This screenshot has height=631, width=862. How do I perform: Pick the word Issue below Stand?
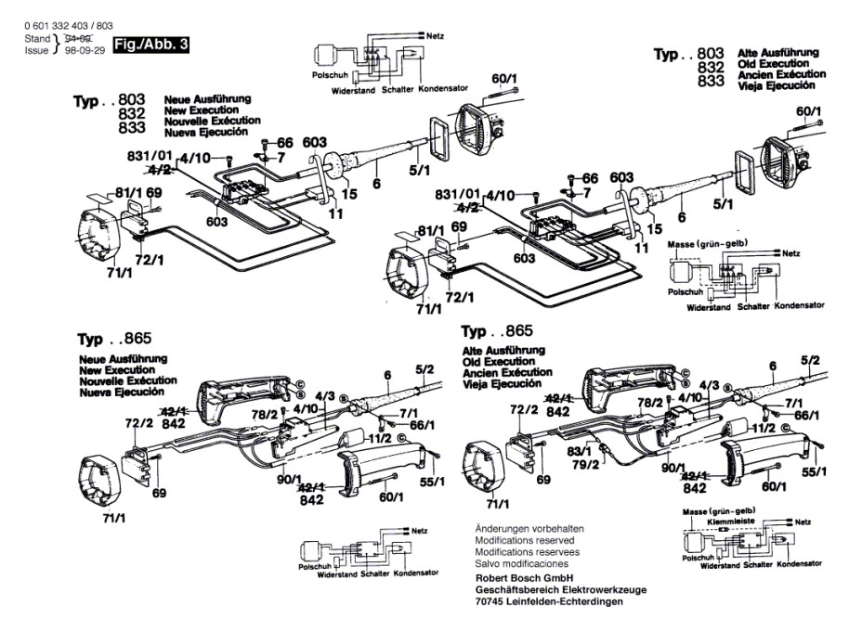[36, 51]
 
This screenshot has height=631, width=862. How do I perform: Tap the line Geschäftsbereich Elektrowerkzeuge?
[561, 589]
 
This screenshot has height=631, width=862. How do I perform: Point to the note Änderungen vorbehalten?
[529, 528]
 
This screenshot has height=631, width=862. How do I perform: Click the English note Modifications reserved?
[524, 540]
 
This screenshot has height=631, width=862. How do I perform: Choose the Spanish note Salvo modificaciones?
[521, 563]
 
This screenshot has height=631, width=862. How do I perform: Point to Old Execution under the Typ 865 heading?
[498, 361]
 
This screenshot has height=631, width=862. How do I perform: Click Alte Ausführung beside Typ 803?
[777, 52]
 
